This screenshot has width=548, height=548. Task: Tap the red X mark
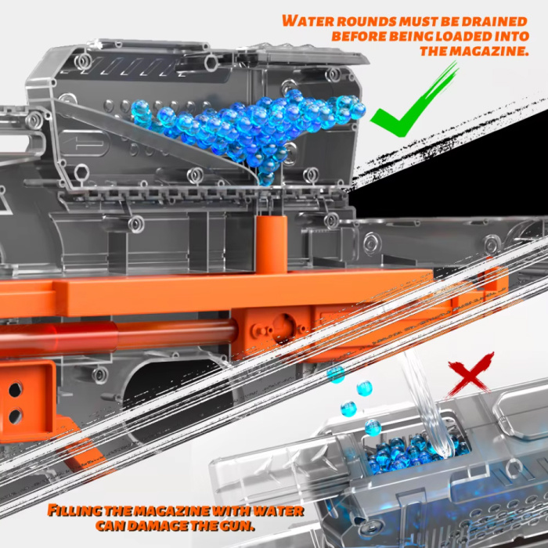tap(470, 375)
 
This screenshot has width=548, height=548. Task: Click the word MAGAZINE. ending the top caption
tap(489, 51)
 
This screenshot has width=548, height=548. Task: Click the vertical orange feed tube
tap(272, 244)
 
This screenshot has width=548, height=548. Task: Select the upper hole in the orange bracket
tap(16, 389)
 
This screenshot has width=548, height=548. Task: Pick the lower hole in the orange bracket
tap(16, 416)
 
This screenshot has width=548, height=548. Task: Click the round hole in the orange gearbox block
tap(283, 328)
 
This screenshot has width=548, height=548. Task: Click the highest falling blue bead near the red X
tap(336, 374)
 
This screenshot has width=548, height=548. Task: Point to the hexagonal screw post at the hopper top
tap(211, 63)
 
